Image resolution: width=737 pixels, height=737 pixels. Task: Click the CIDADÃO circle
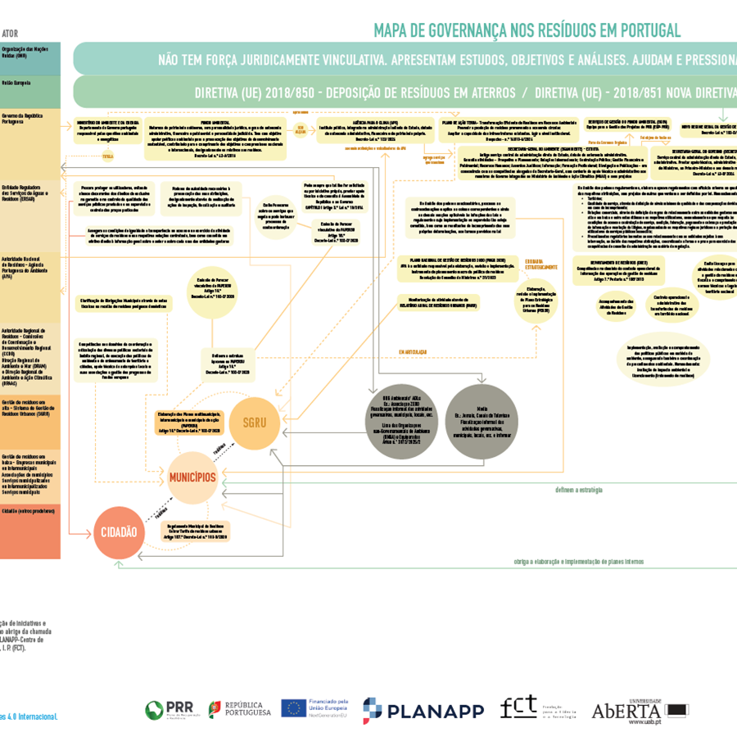119,532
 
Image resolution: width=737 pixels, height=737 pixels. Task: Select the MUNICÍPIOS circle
192,477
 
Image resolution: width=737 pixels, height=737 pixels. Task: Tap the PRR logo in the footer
168,709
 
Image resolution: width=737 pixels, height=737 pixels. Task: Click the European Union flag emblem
293,708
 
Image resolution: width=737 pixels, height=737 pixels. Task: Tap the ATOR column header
11,34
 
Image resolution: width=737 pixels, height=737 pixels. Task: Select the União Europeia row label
18,83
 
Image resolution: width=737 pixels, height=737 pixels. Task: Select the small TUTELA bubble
107,155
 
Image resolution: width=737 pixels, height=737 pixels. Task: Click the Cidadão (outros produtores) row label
29,510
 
